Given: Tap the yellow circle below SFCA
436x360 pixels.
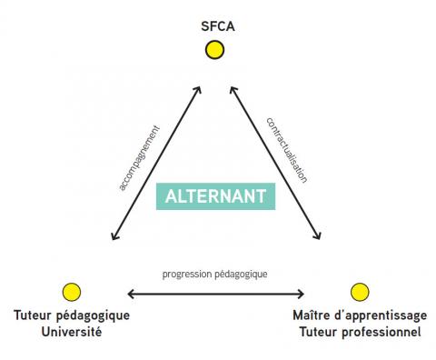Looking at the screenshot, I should click(x=214, y=51).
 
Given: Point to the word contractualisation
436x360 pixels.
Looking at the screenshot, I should click(x=287, y=151).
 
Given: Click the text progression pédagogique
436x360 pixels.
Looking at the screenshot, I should click(x=215, y=274).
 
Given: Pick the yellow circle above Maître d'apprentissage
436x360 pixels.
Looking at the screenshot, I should click(x=359, y=292).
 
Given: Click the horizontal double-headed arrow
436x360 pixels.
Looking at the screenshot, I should click(x=215, y=294).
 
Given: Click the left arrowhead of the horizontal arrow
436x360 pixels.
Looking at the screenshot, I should click(x=132, y=294).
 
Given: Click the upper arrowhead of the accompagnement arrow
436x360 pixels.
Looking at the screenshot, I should click(x=199, y=89).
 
